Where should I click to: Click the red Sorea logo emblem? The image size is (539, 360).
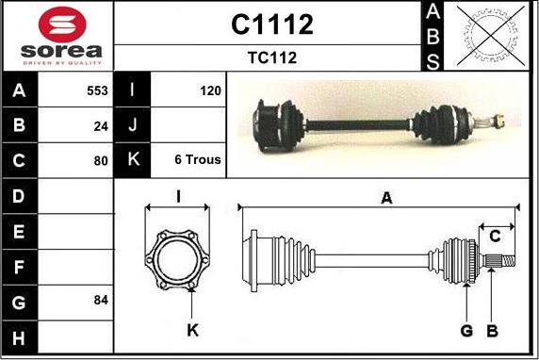pyautogui.click(x=62, y=25)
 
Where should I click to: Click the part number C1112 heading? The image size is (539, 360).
pyautogui.click(x=272, y=25)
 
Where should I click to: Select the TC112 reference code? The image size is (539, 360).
pyautogui.click(x=272, y=57)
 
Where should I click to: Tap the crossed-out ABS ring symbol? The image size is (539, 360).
pyautogui.click(x=491, y=36)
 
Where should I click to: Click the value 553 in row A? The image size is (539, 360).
pyautogui.click(x=97, y=90)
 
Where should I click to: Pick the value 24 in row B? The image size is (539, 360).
pyautogui.click(x=101, y=126)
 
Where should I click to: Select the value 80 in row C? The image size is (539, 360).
pyautogui.click(x=101, y=161)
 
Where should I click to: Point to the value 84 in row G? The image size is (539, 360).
pyautogui.click(x=101, y=301)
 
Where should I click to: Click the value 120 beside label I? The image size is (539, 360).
pyautogui.click(x=210, y=90)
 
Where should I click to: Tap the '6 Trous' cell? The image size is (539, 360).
pyautogui.click(x=198, y=159)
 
